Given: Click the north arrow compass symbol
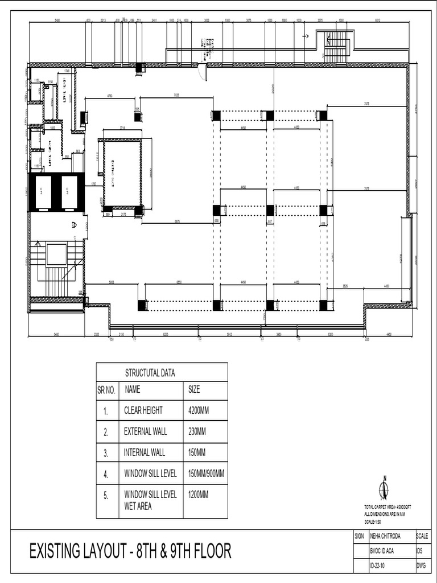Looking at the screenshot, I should pos(384,489).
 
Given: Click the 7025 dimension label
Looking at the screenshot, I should pos(176,96).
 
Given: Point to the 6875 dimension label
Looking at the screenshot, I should pos(178,221).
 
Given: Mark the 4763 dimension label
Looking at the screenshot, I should pos(109,96).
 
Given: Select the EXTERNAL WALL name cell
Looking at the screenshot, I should pos(146,432).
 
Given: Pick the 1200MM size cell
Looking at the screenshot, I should pos(198,495).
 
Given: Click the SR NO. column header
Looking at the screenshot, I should pos(106,390).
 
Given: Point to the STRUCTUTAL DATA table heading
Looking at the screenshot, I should pos(150,373).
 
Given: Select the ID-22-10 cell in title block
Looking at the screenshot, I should pos(381,566).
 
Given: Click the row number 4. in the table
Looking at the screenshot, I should pos(106,474).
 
